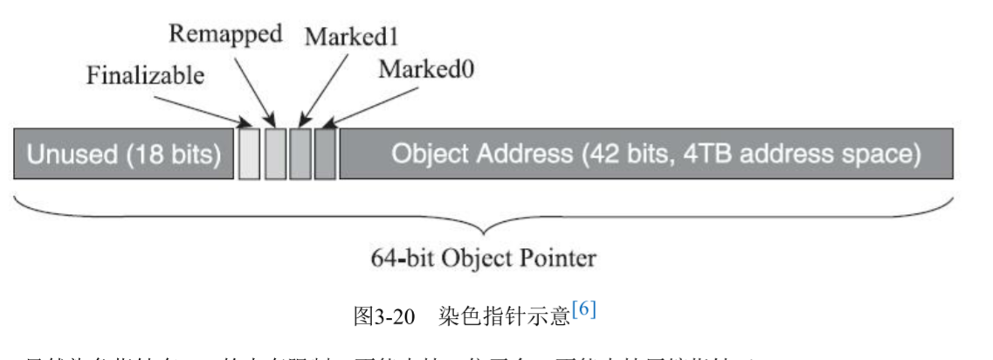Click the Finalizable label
[145, 76]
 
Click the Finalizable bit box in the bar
[249, 154]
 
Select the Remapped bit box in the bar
[275, 154]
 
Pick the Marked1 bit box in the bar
[300, 154]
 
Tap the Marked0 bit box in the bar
[325, 154]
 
